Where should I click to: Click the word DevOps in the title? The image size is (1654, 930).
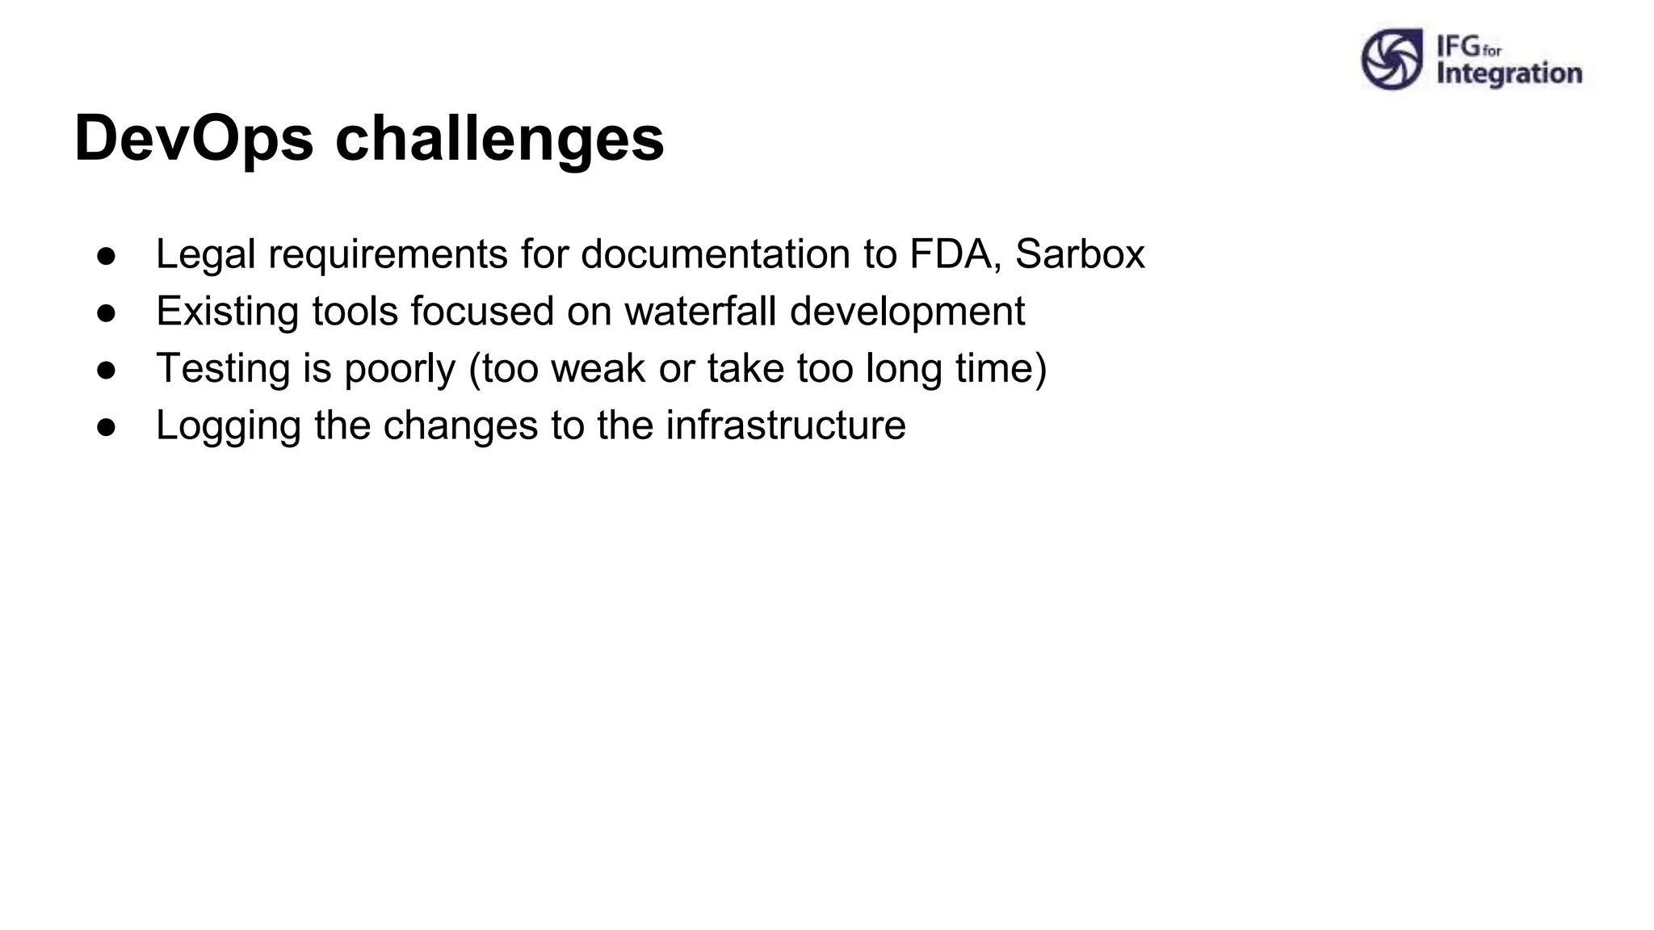(194, 139)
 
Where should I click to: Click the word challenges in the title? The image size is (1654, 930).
(499, 139)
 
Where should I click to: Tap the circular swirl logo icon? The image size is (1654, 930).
(1392, 59)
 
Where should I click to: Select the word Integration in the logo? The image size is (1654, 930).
(1509, 73)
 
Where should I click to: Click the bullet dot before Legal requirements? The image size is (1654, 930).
(107, 256)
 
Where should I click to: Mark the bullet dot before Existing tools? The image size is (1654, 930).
(107, 313)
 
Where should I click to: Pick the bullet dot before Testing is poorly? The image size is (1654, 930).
(107, 370)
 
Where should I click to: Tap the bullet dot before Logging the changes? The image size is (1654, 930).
(107, 427)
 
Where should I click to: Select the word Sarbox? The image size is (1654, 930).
(1080, 254)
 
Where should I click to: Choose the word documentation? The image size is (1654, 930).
(716, 254)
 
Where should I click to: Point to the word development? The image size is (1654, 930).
(907, 312)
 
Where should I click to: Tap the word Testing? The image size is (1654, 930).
(223, 369)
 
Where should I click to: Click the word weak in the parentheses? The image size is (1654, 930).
(598, 369)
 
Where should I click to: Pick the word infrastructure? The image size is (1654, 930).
(785, 425)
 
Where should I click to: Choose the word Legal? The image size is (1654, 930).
(205, 254)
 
